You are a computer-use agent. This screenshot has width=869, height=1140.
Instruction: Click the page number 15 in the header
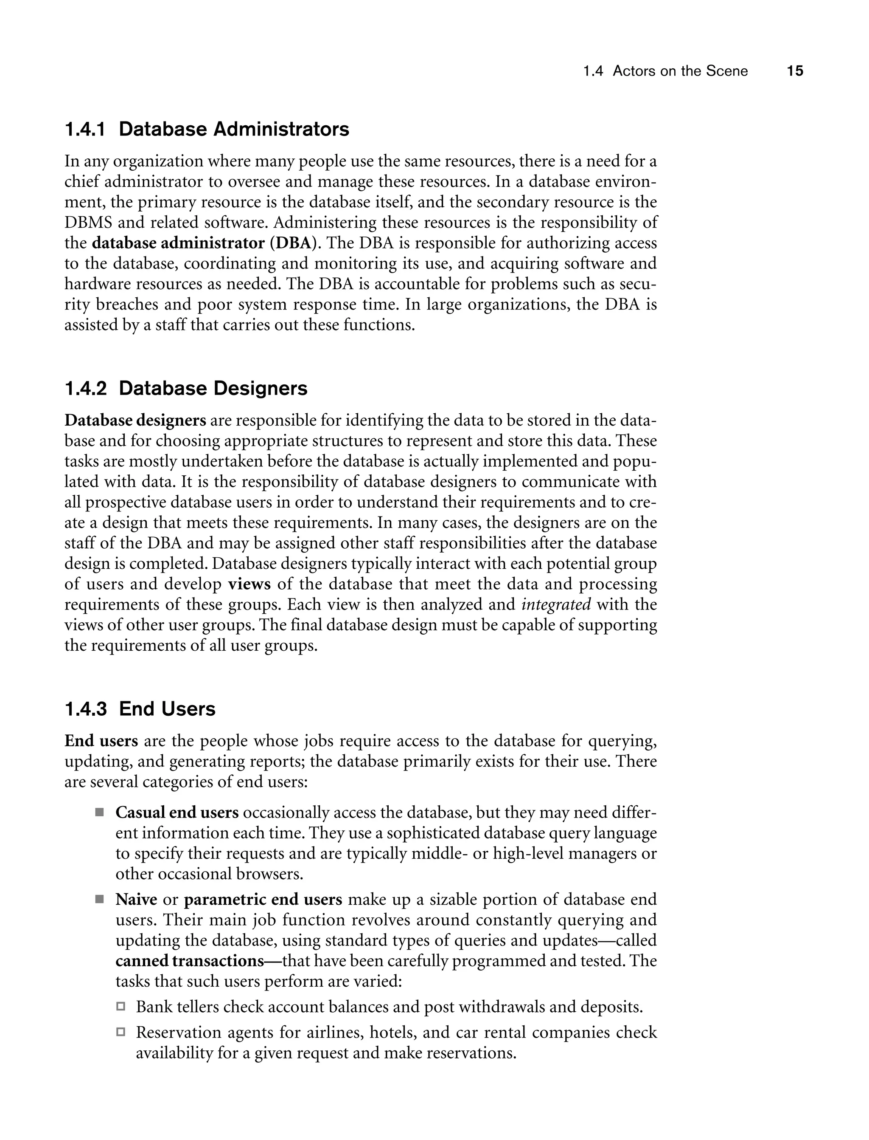click(x=795, y=71)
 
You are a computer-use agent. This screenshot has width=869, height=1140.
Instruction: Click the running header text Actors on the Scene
click(x=680, y=71)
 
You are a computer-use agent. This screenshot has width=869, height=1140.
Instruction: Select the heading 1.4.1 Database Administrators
click(x=207, y=129)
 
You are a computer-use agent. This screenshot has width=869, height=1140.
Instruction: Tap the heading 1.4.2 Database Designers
click(x=186, y=388)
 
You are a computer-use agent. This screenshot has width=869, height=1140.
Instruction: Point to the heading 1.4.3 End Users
click(x=140, y=709)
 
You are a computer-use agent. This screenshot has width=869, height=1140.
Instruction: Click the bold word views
click(x=249, y=584)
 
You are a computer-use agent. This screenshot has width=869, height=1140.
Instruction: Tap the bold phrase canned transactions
click(x=190, y=961)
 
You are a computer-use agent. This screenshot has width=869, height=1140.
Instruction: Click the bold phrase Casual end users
click(x=177, y=813)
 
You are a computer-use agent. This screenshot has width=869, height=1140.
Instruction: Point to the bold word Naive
click(x=136, y=899)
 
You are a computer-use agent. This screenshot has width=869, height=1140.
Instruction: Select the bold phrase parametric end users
click(x=263, y=899)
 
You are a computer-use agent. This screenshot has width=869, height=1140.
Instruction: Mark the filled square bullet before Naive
click(x=99, y=899)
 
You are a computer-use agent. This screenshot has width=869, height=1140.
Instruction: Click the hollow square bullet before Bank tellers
click(x=121, y=1007)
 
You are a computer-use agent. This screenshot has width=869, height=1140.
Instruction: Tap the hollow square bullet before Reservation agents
click(x=121, y=1032)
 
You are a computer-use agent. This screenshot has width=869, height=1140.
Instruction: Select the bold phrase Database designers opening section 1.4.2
click(x=135, y=420)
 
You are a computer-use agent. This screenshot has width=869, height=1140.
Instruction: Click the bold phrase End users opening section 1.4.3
click(x=101, y=741)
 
